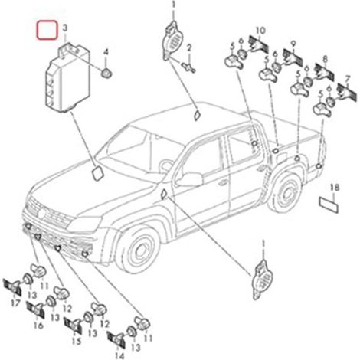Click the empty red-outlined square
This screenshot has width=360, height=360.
(x=47, y=30)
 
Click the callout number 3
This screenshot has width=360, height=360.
(x=65, y=28)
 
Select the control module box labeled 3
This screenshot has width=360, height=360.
(x=67, y=78)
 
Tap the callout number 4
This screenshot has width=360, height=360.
(x=106, y=52)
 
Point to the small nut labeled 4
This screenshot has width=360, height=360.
(x=106, y=74)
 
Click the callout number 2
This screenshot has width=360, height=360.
(x=189, y=47)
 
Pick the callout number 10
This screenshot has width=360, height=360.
(x=260, y=31)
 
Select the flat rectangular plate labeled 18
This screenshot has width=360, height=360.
(x=329, y=205)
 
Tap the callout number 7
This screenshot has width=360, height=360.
(x=347, y=80)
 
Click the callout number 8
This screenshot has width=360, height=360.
(x=325, y=59)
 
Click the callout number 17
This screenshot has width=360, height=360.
(x=15, y=303)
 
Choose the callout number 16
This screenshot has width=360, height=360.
(x=38, y=326)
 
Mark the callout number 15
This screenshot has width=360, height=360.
(x=77, y=341)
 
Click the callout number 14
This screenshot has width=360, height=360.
(x=119, y=355)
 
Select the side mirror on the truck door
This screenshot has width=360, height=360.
(x=189, y=178)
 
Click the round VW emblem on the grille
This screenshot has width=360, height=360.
(x=42, y=213)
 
